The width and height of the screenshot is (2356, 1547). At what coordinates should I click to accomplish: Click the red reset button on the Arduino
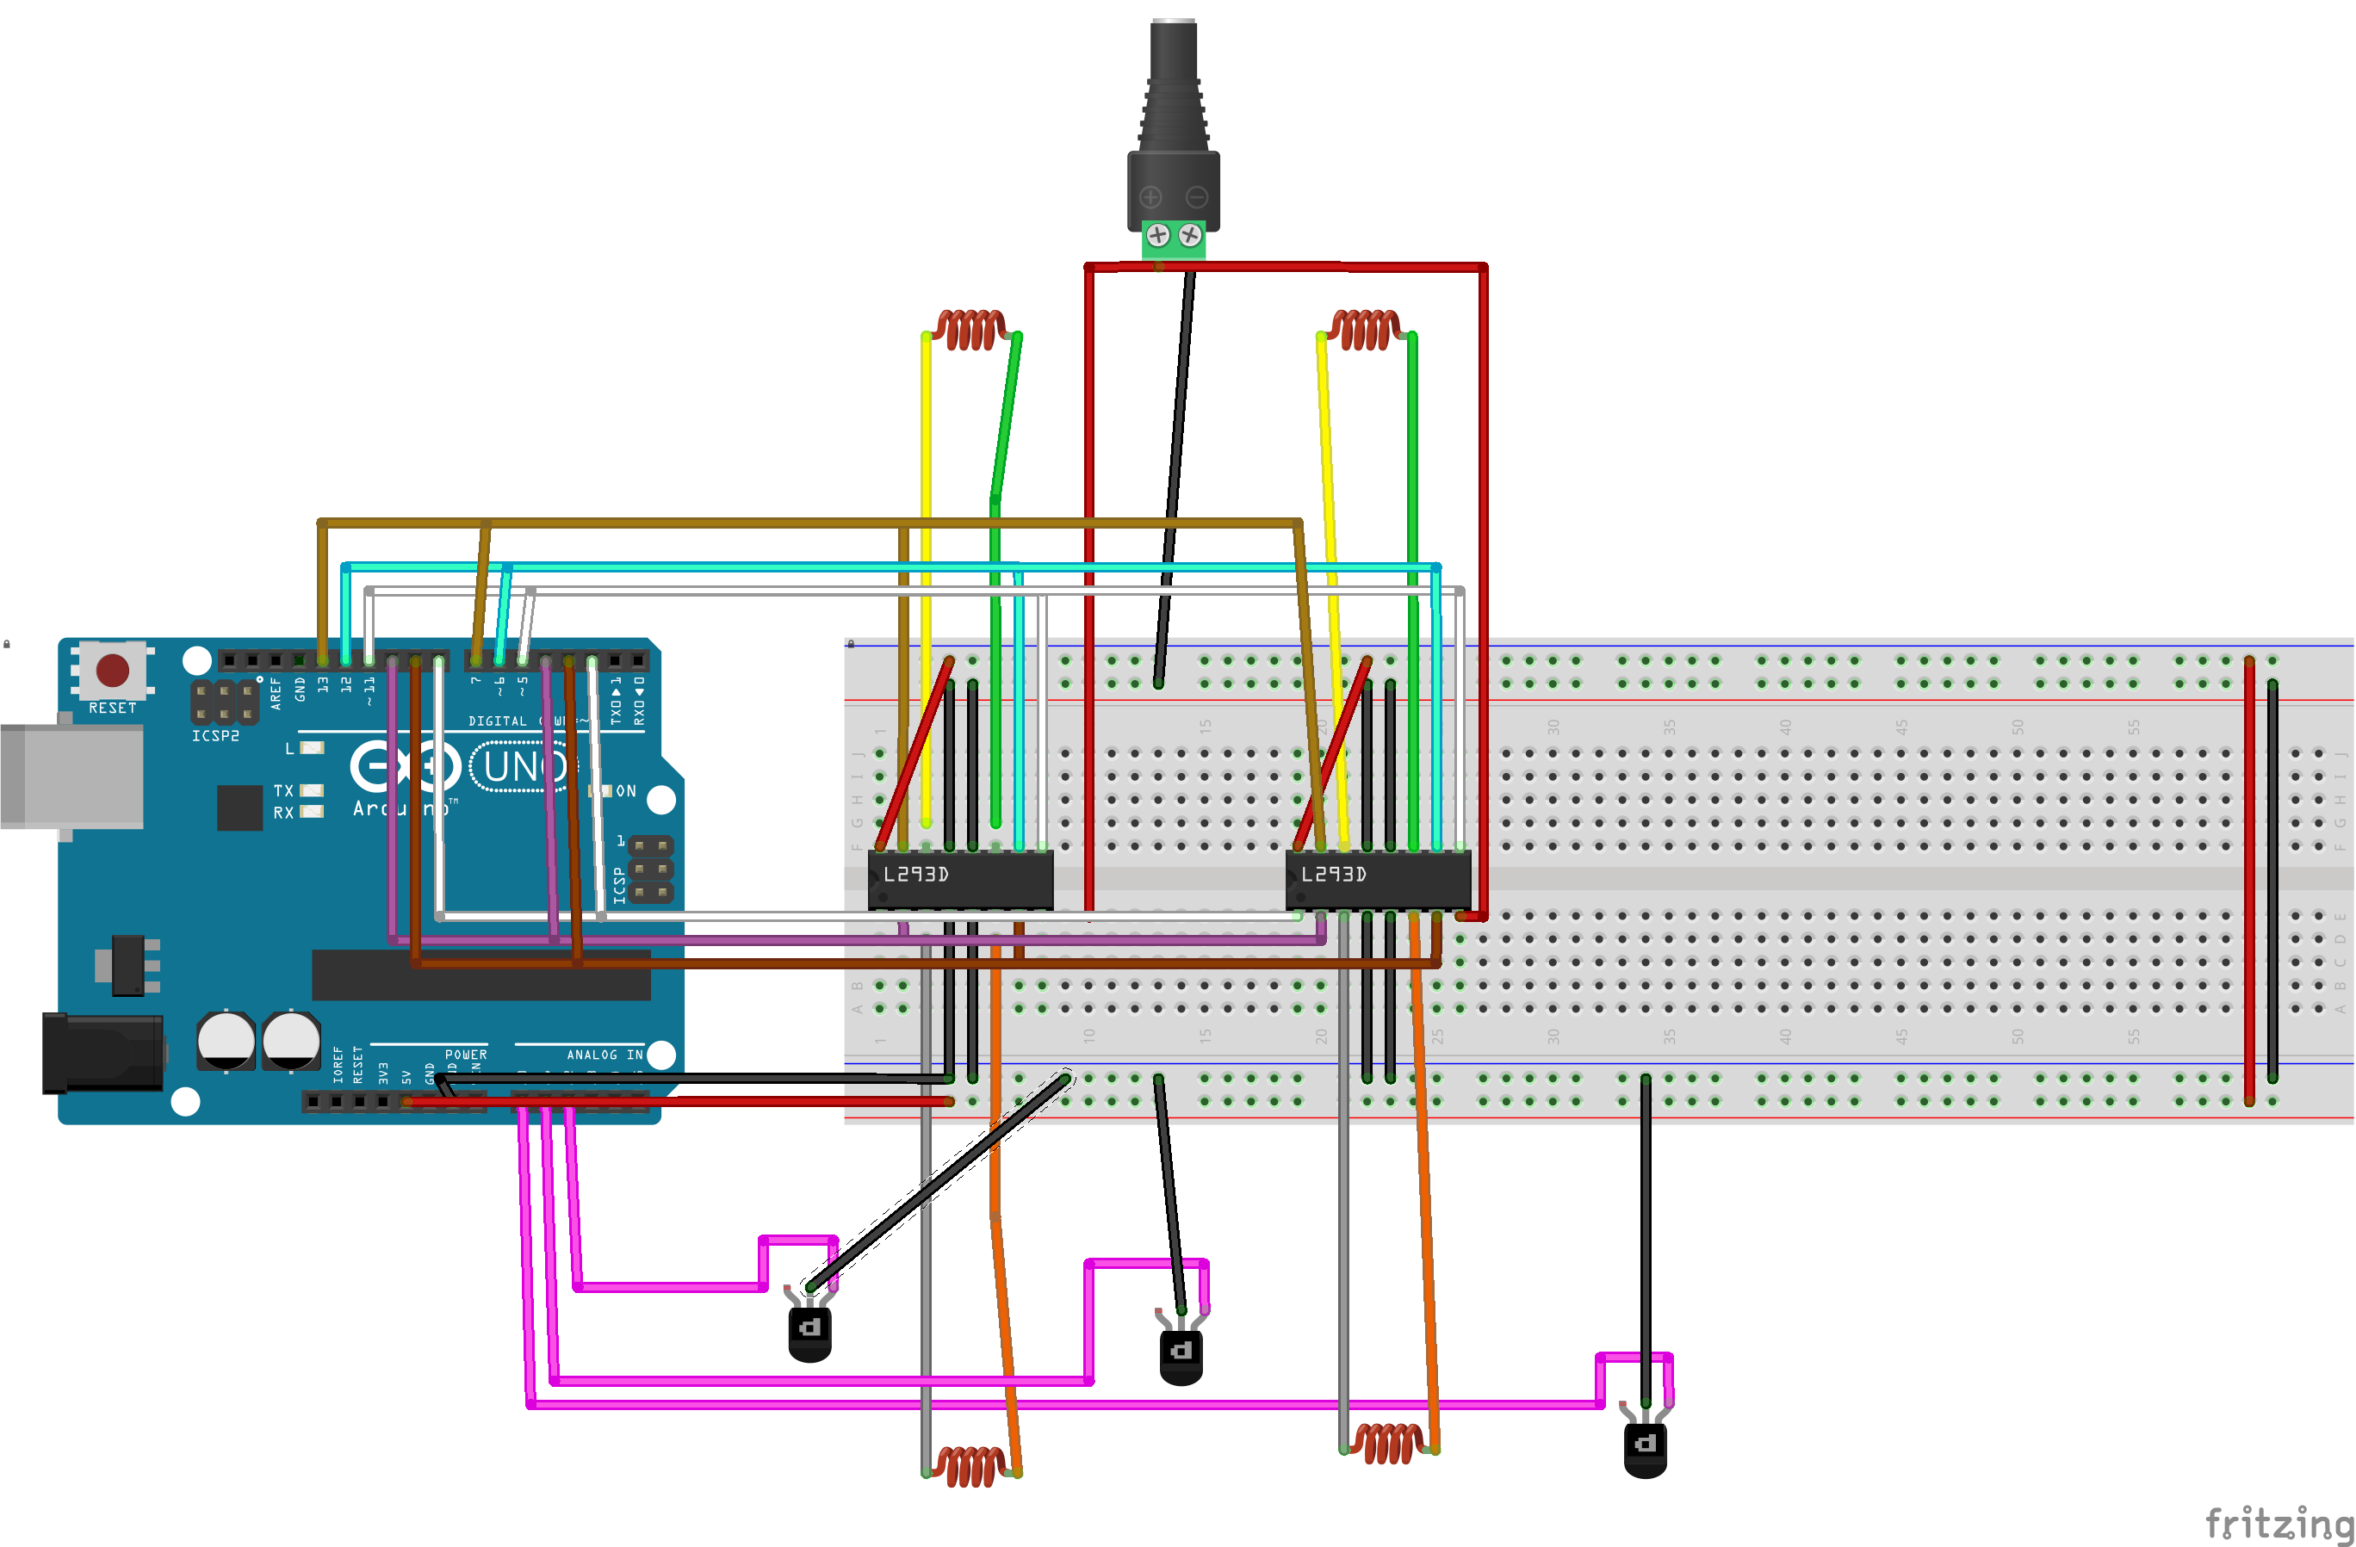click(112, 670)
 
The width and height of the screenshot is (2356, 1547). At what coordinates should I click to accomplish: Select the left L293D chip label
click(915, 875)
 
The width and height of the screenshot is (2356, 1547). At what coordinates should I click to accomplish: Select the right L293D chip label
click(1333, 875)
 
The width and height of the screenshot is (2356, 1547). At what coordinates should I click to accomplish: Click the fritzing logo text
click(2276, 1521)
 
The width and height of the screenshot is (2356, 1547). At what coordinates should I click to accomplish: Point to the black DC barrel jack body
click(1173, 128)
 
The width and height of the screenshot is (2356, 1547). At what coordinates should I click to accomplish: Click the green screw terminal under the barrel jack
click(1174, 238)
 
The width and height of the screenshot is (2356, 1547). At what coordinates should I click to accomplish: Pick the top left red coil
click(971, 330)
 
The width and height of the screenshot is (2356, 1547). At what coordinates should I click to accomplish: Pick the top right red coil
click(1365, 330)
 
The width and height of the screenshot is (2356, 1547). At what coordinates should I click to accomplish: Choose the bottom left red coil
click(971, 1466)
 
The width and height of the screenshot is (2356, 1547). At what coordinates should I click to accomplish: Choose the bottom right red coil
click(1388, 1443)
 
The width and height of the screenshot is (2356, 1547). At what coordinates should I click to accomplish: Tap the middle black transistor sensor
click(1181, 1355)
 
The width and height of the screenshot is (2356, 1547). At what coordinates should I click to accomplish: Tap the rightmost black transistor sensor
click(1646, 1448)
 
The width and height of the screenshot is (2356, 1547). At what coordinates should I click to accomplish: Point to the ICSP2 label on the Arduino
click(214, 736)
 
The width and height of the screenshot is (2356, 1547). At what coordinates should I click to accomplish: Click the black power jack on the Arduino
click(104, 1053)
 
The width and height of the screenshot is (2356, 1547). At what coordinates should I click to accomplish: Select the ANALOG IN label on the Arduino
click(604, 1055)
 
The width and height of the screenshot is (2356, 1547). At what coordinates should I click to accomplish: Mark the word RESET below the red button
click(112, 709)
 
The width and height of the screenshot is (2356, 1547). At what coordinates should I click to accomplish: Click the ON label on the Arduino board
click(626, 792)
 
